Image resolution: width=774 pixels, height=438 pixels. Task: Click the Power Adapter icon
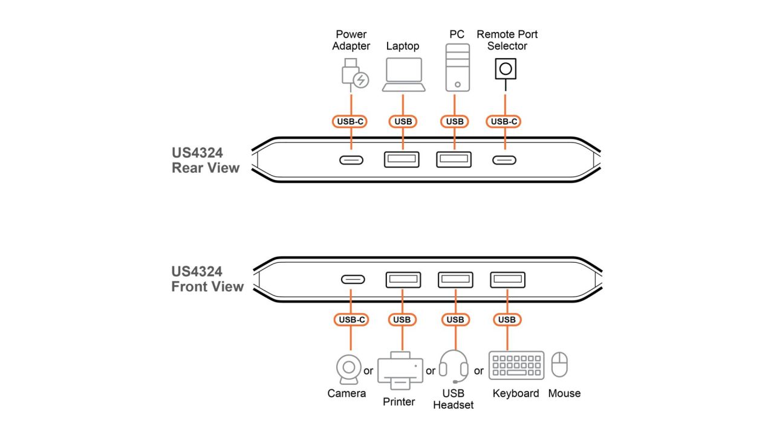[353, 74]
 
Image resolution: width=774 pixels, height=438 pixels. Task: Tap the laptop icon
[403, 75]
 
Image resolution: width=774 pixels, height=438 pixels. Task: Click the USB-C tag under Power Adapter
[351, 121]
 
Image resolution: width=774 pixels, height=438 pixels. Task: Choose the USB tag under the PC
[454, 121]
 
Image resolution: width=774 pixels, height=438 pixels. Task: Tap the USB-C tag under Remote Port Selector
[504, 121]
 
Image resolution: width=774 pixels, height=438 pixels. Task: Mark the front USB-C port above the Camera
[353, 280]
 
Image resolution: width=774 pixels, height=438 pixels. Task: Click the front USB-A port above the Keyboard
[507, 280]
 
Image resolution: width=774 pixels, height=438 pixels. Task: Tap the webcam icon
[348, 369]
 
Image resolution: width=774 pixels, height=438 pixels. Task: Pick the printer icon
[400, 370]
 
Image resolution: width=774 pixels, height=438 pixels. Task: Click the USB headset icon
[454, 366]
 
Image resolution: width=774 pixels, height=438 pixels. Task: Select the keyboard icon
[516, 366]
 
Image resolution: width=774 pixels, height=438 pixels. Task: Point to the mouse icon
[559, 365]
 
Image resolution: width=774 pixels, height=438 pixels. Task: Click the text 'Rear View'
[206, 168]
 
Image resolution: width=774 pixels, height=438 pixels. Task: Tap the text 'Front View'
[207, 286]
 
